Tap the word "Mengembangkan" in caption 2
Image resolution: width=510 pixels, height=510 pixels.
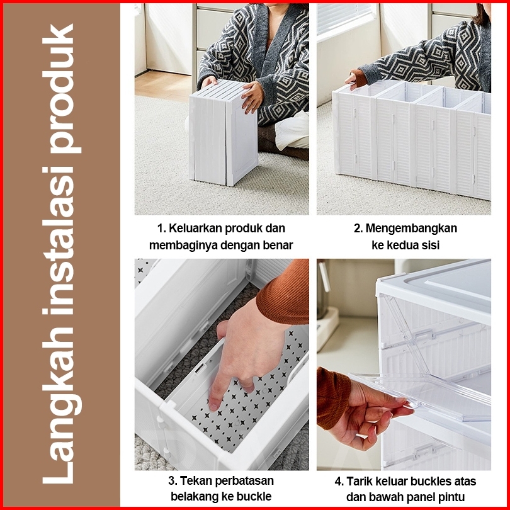pos(411,228)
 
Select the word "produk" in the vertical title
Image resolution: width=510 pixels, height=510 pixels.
pos(62,89)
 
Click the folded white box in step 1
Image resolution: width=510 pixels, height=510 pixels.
pos(223,133)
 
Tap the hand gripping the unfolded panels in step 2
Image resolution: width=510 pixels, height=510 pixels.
pos(352,79)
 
